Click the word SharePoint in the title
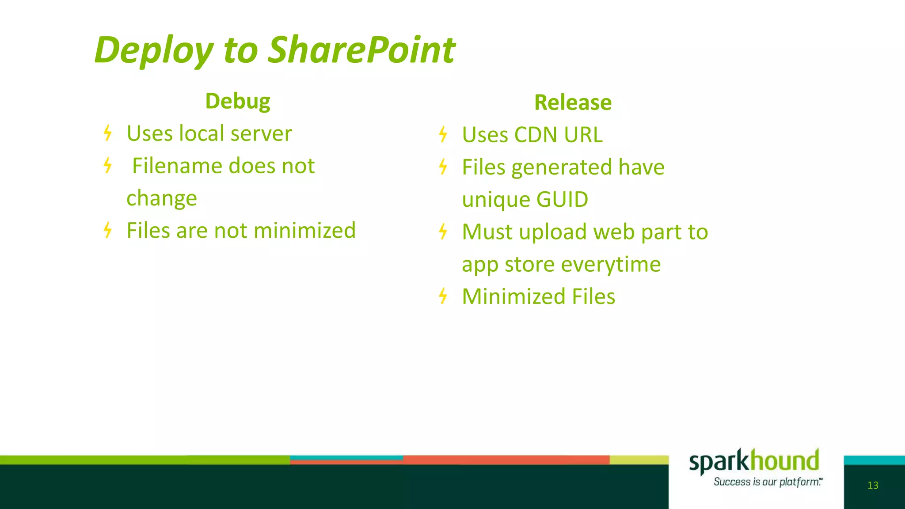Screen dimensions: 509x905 click(x=361, y=49)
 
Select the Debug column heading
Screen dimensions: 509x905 click(x=238, y=102)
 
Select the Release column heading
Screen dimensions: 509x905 click(x=573, y=103)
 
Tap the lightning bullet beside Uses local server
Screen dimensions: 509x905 click(x=107, y=133)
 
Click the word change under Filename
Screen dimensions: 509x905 click(x=162, y=198)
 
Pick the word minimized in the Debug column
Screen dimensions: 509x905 click(x=304, y=230)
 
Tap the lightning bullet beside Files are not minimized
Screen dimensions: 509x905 click(x=107, y=230)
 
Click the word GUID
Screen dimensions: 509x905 click(x=562, y=199)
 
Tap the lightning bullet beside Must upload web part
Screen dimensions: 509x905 click(x=443, y=232)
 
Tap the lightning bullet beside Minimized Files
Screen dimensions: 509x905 click(x=443, y=296)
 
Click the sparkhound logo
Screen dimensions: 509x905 click(x=754, y=461)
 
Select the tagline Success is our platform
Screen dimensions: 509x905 click(x=768, y=482)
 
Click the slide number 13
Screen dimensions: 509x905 click(x=873, y=485)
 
